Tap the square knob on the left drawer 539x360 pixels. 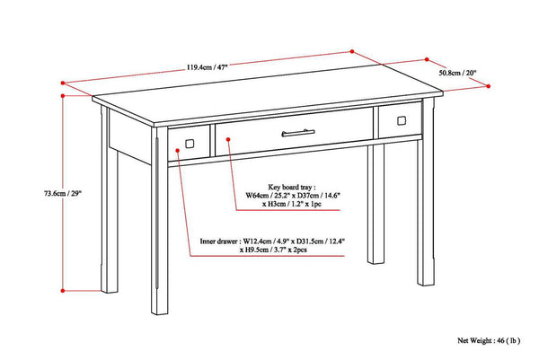point(189,143)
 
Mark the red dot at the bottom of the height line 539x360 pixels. point(63,291)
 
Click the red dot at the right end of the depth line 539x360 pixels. point(490,86)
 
